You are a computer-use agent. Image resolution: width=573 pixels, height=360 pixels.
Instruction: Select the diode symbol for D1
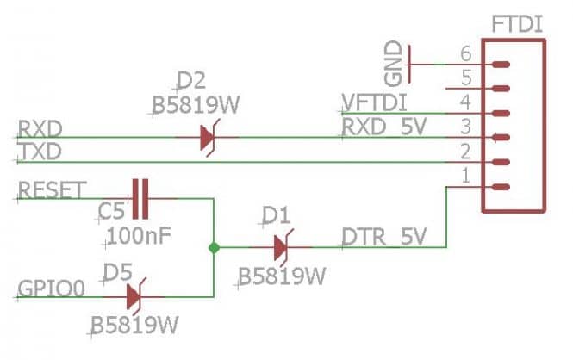pos(279,248)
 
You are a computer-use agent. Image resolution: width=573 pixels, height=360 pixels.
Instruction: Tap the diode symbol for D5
pos(134,297)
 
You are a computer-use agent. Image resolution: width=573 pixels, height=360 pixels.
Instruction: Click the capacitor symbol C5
pos(140,197)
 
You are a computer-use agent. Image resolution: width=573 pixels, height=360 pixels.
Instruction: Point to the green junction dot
pos(213,248)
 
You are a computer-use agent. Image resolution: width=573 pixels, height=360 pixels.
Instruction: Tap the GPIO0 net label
pos(50,288)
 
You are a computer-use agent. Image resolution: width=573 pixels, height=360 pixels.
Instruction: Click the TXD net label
pos(39,152)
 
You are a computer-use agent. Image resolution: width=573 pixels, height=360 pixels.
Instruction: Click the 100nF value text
pos(138,234)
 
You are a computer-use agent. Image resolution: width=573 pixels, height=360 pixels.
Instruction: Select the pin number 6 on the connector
pos(467,53)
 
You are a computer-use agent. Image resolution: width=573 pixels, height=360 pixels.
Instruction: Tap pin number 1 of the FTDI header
pos(467,177)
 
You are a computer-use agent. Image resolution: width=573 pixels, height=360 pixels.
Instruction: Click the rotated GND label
pos(394,62)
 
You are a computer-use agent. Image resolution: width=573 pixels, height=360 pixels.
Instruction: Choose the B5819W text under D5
pos(136,328)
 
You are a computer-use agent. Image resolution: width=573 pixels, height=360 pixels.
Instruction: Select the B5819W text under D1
pos(282,277)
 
